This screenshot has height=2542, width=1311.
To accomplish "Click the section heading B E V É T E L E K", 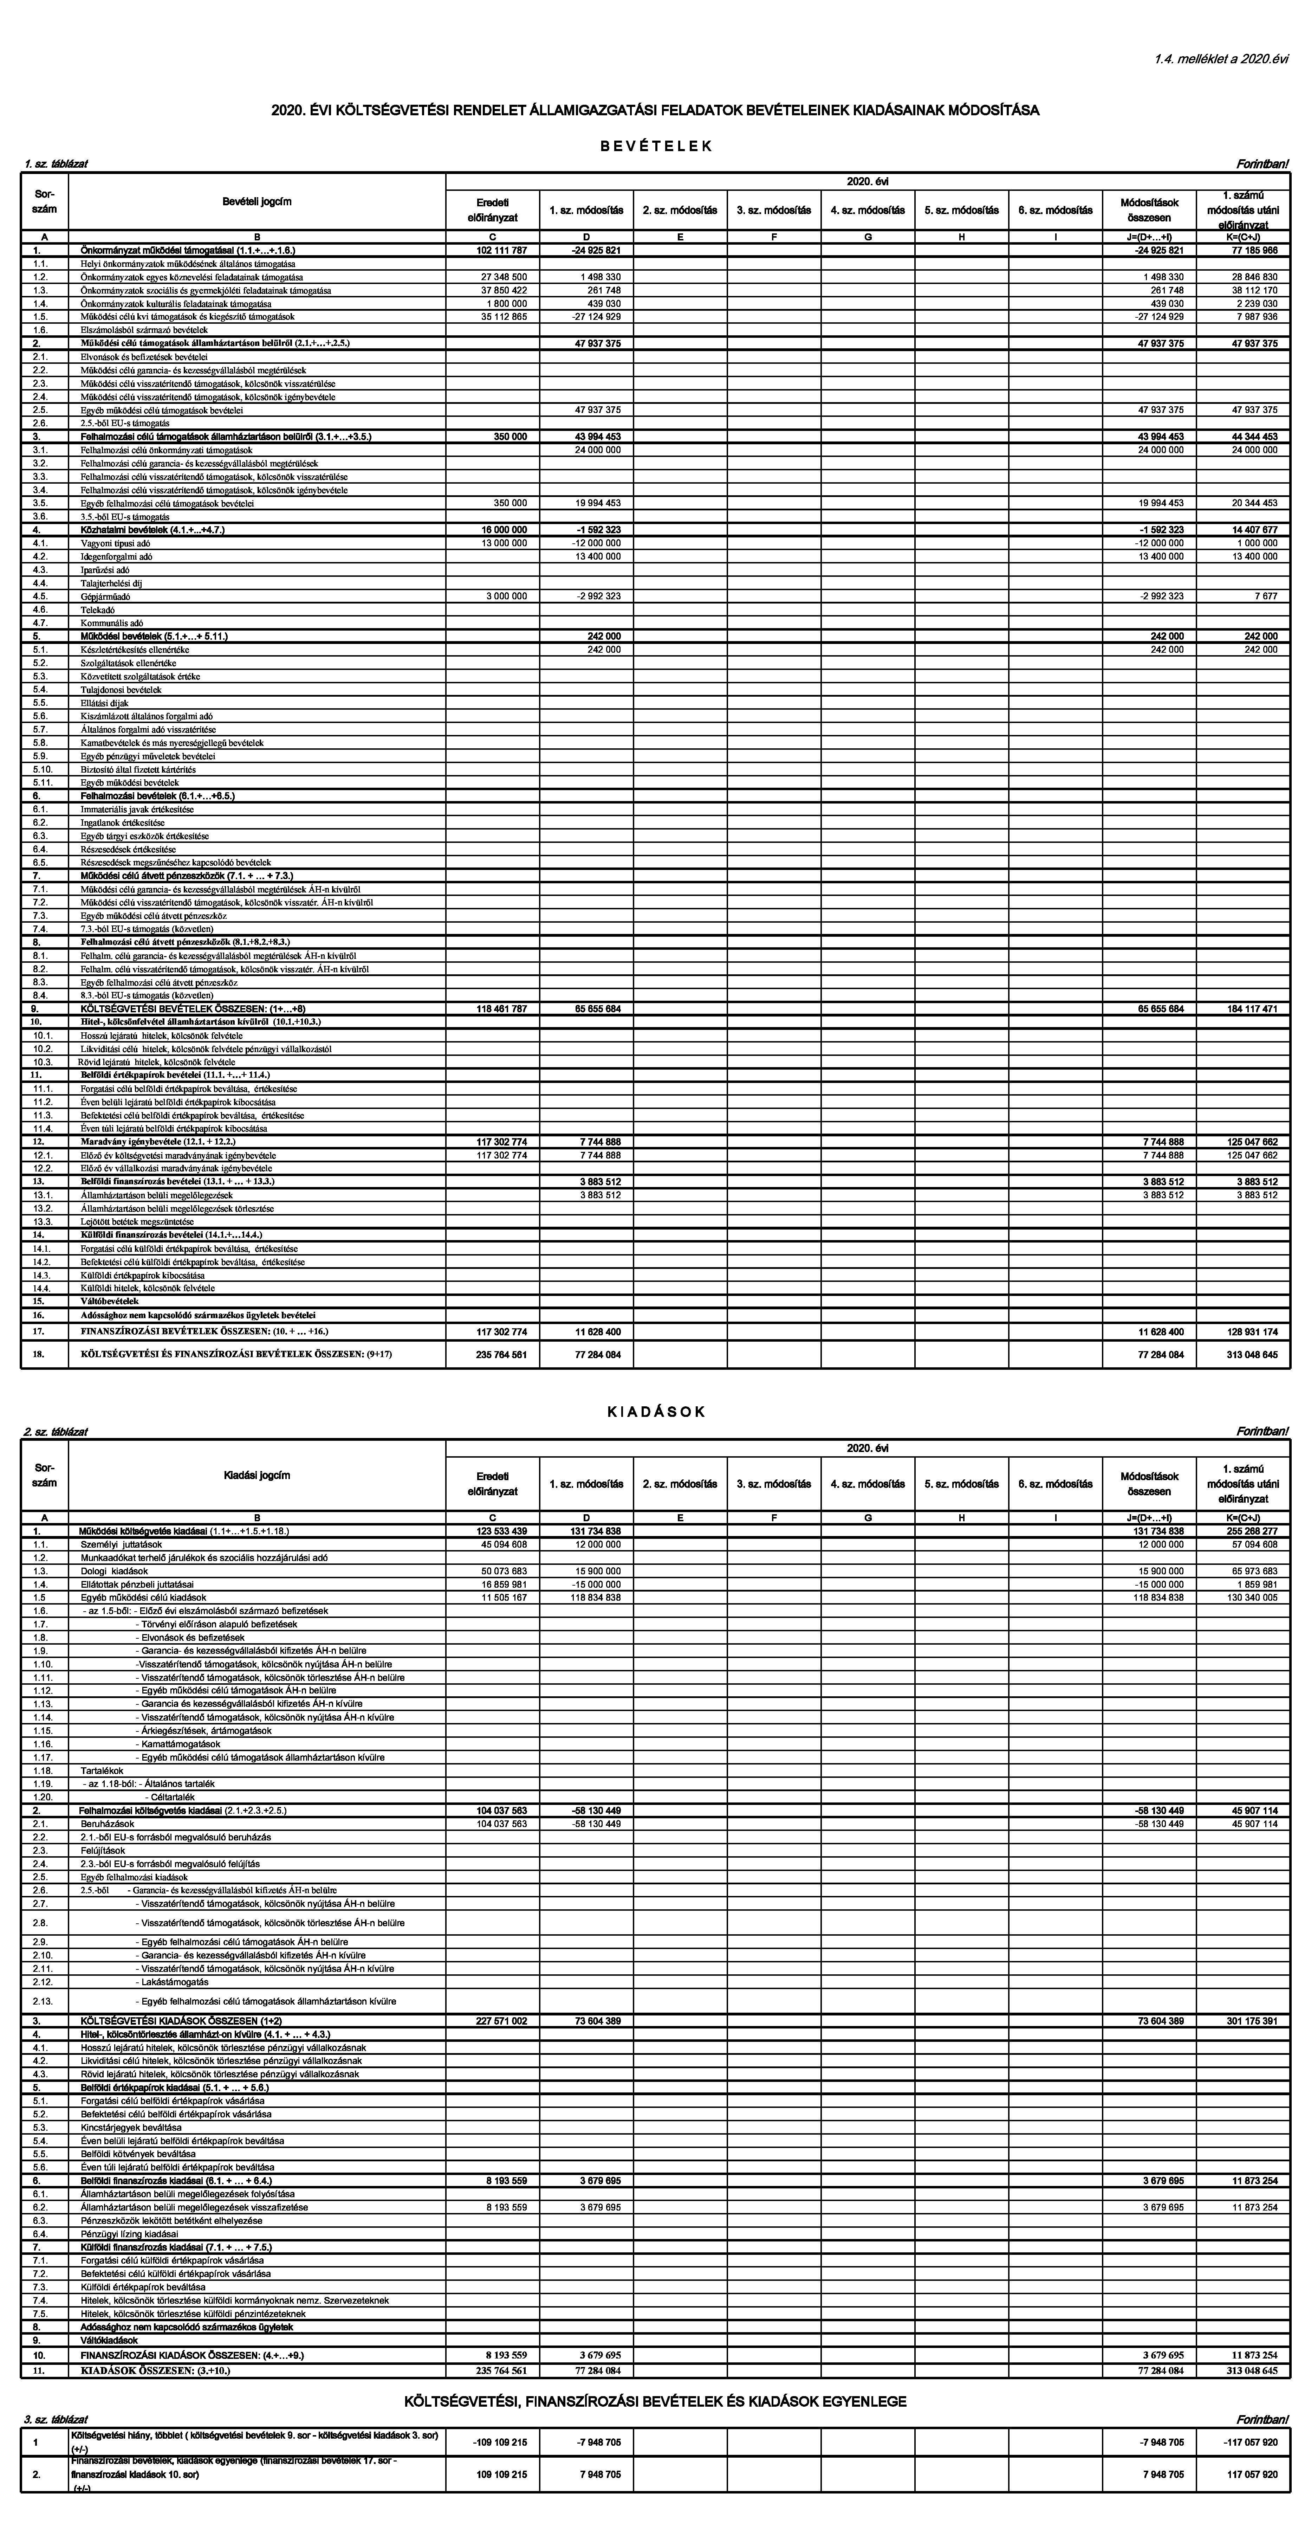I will click(655, 146).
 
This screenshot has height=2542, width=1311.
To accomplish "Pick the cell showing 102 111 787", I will click(501, 251).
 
